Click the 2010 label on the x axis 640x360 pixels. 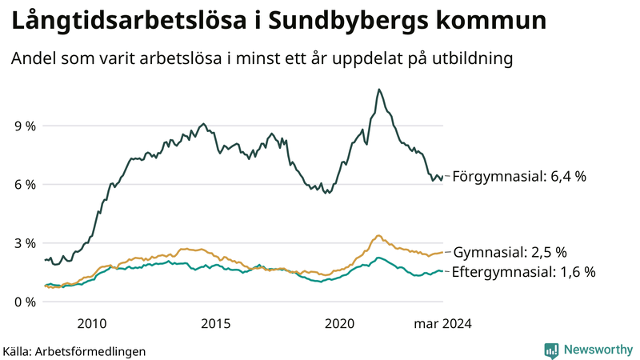[x=92, y=324]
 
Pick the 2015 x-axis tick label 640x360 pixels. [x=216, y=324]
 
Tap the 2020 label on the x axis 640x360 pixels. [x=340, y=324]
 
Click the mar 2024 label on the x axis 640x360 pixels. [x=442, y=324]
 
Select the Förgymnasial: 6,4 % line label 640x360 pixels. [x=519, y=176]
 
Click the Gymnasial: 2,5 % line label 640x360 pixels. [x=510, y=252]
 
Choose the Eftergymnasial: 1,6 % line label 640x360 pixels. [x=523, y=272]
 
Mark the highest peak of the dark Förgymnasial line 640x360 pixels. [x=378, y=90]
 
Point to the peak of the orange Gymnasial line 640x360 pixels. [x=378, y=236]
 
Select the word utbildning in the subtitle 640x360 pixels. [x=473, y=59]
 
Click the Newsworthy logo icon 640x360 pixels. [x=551, y=350]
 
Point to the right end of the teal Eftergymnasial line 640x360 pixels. [x=442, y=272]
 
